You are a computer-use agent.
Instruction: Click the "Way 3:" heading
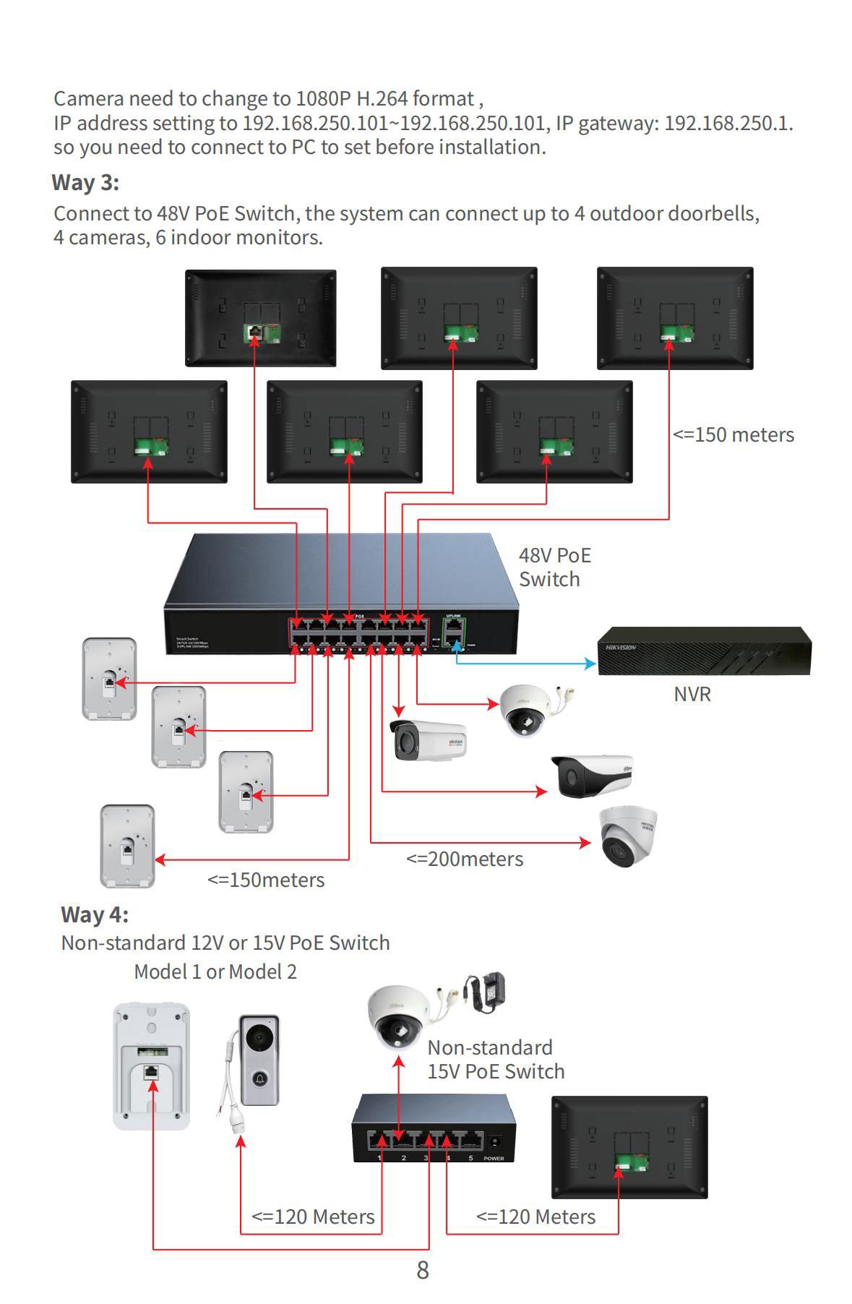point(85,183)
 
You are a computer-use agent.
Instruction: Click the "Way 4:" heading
point(95,915)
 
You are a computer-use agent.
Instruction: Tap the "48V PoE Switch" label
point(554,567)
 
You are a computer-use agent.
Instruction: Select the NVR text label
point(692,695)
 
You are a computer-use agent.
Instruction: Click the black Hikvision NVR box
point(703,651)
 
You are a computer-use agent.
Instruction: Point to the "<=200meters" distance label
point(465,859)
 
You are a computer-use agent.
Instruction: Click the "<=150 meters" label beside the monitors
point(733,435)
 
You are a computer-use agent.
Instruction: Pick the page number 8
point(423,1270)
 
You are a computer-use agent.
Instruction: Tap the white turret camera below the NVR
point(627,837)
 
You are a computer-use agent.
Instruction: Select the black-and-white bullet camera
point(591,776)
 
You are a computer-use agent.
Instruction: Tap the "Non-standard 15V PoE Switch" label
point(495,1060)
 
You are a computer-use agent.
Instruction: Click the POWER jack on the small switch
point(495,1143)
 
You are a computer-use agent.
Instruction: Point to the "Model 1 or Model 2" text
point(215,972)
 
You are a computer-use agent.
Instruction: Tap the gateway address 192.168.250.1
point(727,124)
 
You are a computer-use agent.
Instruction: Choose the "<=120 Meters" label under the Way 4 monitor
point(535,1217)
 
